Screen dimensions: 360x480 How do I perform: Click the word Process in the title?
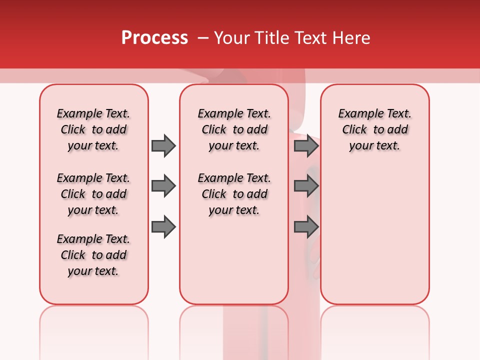coord(154,38)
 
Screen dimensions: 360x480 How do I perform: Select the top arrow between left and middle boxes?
coord(163,145)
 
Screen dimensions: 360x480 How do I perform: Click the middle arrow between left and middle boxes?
coord(163,186)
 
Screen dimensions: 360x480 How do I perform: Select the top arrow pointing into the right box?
coord(305,145)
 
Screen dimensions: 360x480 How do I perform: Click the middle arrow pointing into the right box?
coord(305,186)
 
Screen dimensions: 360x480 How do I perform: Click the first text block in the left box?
coord(93,129)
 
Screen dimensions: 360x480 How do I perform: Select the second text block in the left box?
coord(93,194)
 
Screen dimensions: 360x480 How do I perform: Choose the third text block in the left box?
coord(93,255)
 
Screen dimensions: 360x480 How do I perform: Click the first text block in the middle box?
coord(234,129)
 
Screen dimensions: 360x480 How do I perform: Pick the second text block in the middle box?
coord(234,194)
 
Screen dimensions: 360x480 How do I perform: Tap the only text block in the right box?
coord(375,129)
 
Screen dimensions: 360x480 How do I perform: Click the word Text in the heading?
coord(311,38)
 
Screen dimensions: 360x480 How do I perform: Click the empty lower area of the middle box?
coord(234,260)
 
